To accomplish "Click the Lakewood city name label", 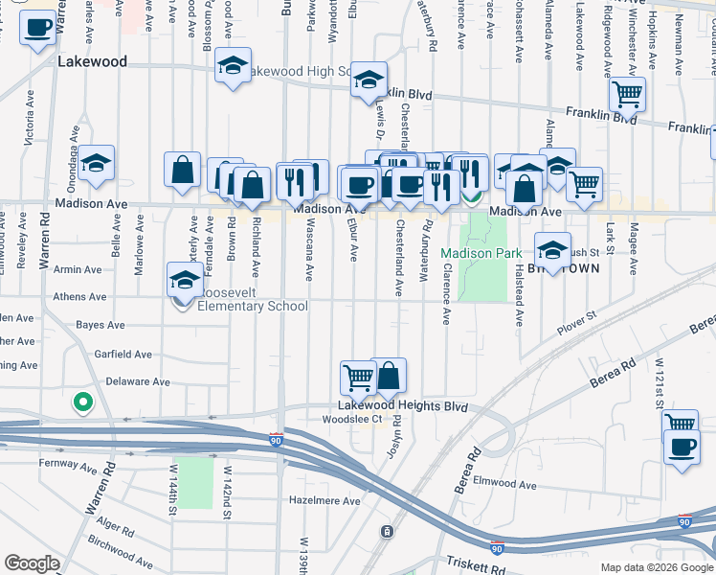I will pos(92,61).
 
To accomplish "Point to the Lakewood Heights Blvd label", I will pos(408,406).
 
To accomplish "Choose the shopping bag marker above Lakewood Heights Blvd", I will pos(389,375).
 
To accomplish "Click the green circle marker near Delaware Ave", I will pos(82,403).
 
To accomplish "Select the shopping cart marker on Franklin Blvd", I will pos(627,94).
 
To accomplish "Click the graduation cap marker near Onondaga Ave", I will pos(96,163).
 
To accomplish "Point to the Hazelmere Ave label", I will pos(325,501).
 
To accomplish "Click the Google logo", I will pos(32,563).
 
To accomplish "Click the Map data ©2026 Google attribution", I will pos(657,567).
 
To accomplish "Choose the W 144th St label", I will pos(173,489).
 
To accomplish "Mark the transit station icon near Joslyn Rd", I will pos(387,531).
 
